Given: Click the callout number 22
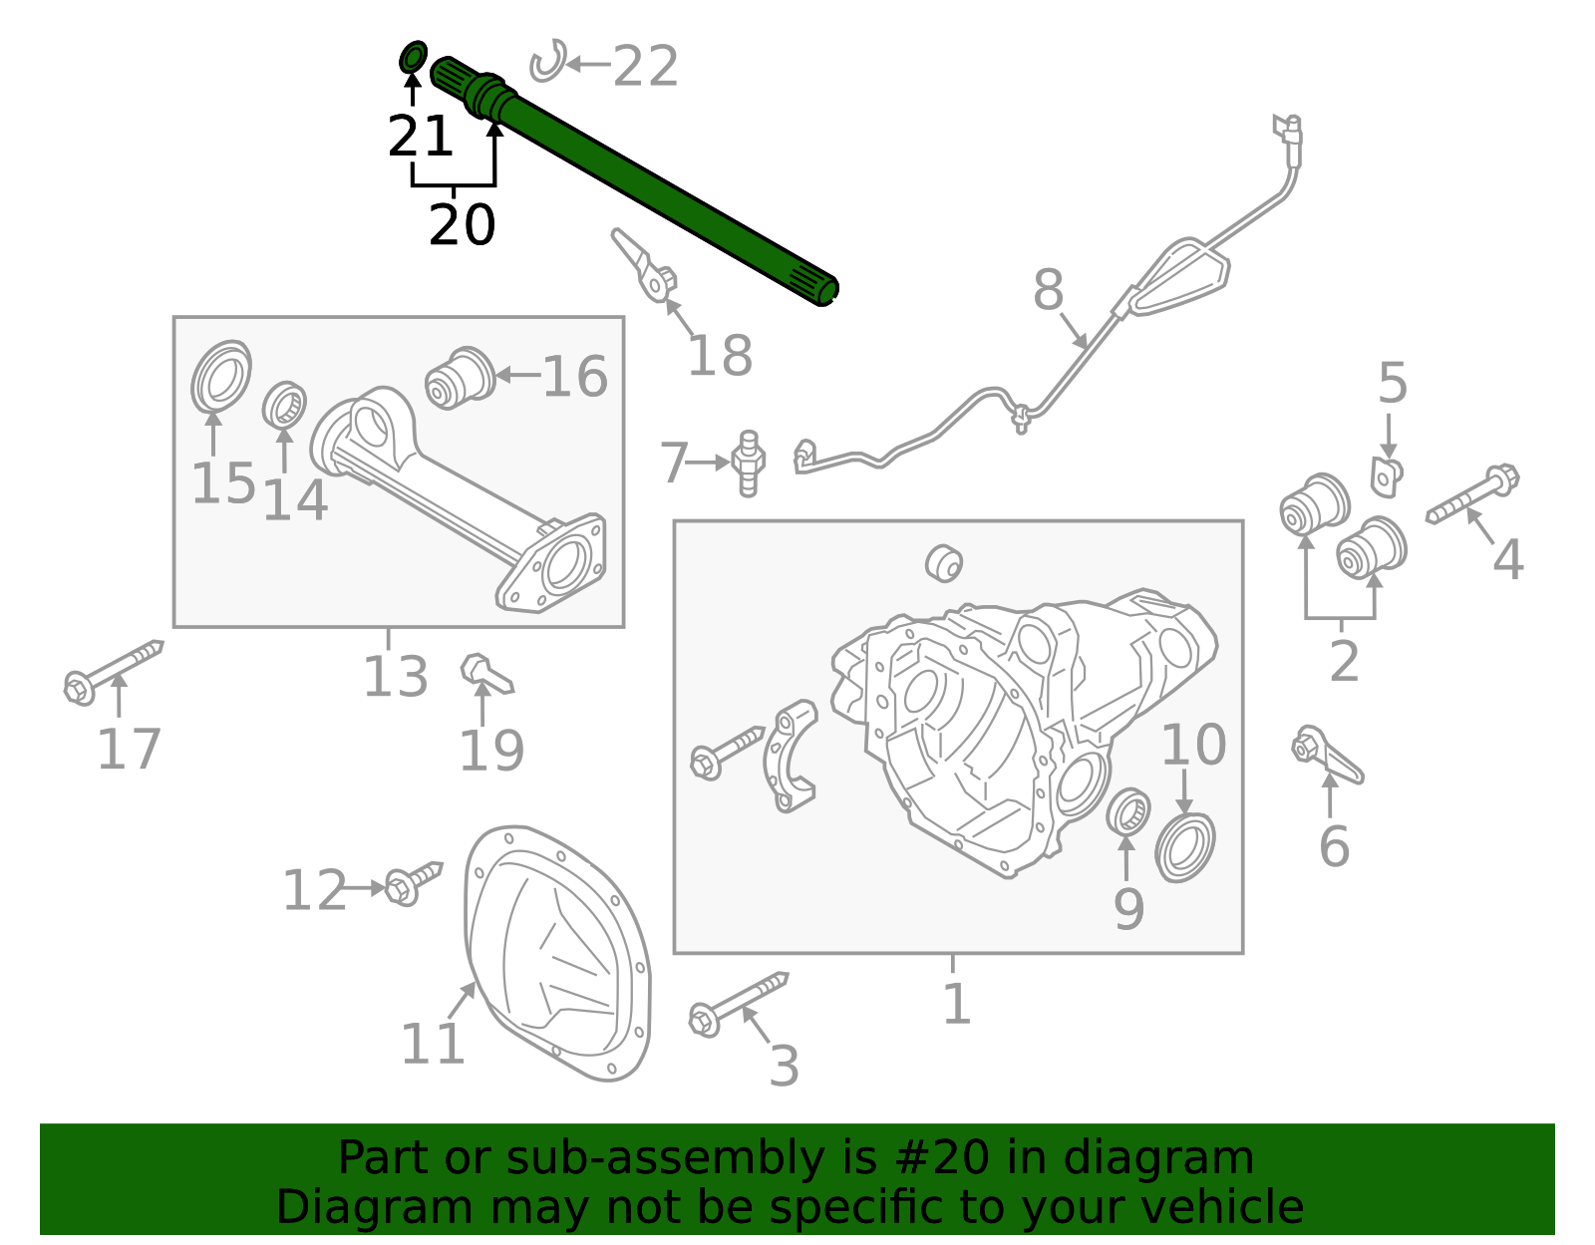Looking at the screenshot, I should click(646, 67).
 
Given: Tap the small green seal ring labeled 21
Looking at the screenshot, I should click(413, 58).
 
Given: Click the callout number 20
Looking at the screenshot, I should click(462, 225).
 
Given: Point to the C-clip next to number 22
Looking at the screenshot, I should click(547, 62).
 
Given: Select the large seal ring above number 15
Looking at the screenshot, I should click(221, 376).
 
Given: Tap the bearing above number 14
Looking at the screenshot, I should click(284, 405).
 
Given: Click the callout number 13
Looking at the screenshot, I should click(395, 677).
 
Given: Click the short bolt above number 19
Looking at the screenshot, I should click(485, 675).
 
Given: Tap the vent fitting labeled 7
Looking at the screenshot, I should click(748, 463).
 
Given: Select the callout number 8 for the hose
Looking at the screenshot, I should click(1048, 291).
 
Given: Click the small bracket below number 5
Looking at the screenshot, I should click(1385, 476).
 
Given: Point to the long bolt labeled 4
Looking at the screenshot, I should click(1473, 495).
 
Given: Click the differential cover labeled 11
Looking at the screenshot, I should click(558, 952).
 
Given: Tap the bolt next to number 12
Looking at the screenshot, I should click(413, 882).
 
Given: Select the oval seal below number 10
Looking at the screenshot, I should click(1185, 847).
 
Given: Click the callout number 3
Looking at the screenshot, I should click(784, 1067).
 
